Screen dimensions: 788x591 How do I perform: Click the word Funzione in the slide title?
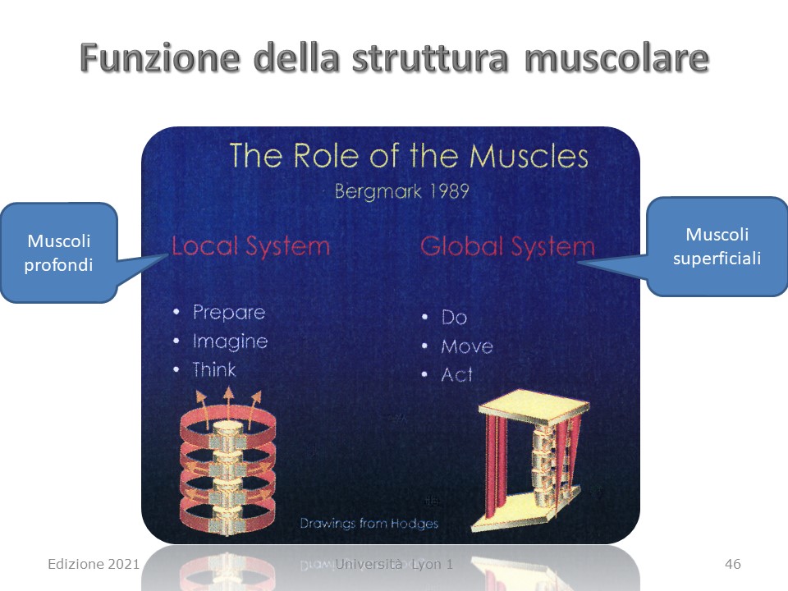pos(160,57)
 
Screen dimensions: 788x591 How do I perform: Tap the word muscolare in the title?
pos(616,57)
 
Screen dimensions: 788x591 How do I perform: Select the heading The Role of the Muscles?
pos(409,155)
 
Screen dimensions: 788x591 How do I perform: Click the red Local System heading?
pos(250,246)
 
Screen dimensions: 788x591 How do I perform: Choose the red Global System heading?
pos(507,247)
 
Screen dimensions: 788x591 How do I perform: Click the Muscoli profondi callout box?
pos(59,253)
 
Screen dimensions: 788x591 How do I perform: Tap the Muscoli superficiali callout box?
pos(717,246)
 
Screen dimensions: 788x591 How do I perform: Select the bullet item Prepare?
pos(229,313)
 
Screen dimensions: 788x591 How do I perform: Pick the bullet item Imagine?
pos(230,341)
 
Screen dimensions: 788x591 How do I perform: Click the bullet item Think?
pos(214,370)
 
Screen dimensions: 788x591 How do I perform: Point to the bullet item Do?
pos(454,317)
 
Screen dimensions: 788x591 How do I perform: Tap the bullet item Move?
pos(467,346)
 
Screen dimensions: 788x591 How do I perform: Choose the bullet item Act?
pos(457,374)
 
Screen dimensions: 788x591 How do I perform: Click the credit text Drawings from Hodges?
pos(369,523)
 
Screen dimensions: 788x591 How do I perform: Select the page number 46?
pos(733,564)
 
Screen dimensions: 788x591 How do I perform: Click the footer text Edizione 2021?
pos(94,564)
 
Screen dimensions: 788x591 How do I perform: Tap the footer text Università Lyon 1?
pos(394,564)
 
